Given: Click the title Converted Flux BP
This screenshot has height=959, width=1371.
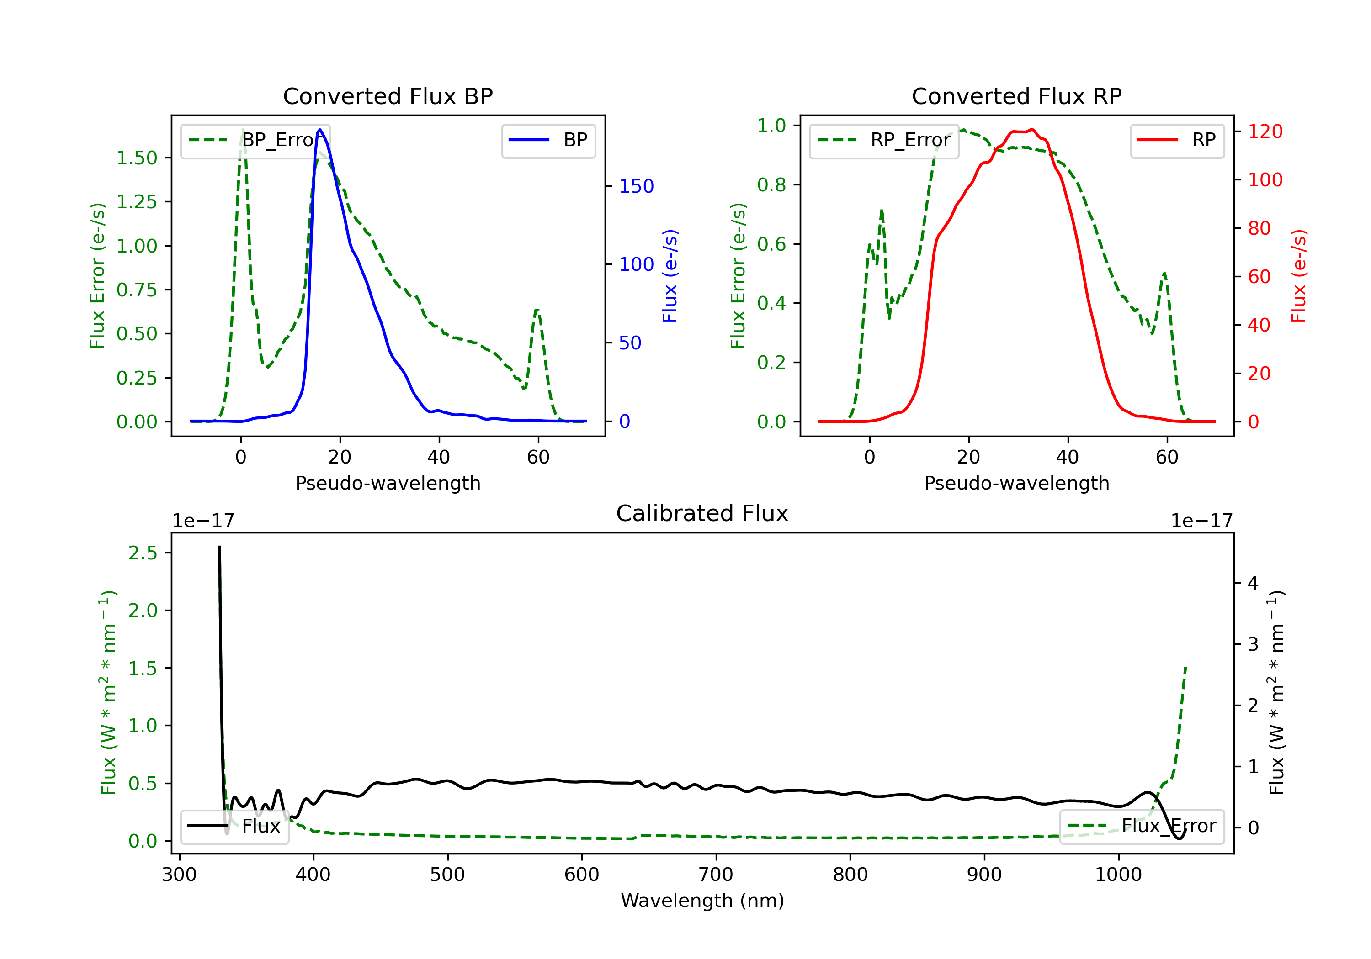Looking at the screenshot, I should click(388, 96).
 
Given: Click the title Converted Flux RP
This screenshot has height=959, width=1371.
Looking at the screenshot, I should click(1016, 96).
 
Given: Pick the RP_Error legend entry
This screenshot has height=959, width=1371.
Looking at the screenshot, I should click(884, 141).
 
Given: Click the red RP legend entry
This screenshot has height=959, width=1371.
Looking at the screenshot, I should click(1177, 141).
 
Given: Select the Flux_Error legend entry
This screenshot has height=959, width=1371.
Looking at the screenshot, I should click(1142, 827).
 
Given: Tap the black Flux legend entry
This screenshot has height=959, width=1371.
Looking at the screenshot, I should click(235, 827).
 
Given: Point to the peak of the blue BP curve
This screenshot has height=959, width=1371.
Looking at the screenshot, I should click(320, 130).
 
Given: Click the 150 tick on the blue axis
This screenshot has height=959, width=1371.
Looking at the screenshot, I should click(636, 186).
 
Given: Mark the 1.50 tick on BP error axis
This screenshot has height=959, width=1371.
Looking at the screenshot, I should click(137, 158).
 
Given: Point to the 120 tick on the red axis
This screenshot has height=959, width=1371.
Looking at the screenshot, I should click(1265, 131).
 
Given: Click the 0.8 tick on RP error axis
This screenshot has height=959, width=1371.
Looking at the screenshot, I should click(771, 185).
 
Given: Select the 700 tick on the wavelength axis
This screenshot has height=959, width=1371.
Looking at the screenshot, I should click(715, 875).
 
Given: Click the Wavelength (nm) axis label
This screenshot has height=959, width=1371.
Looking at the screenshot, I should click(702, 901).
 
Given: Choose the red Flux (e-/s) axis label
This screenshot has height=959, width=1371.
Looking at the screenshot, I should click(1299, 276).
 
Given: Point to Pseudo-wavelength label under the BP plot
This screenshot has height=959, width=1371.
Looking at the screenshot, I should click(388, 483).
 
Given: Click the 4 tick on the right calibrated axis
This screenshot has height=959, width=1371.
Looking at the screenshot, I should click(1253, 583).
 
